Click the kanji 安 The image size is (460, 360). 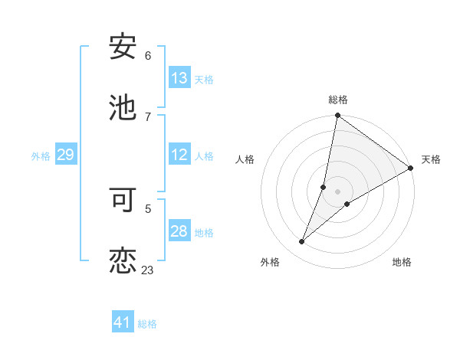pyautogui.click(x=123, y=47)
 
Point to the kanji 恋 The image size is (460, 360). pyautogui.click(x=123, y=260)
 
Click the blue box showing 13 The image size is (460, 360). pyautogui.click(x=179, y=78)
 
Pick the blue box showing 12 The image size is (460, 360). pyautogui.click(x=179, y=155)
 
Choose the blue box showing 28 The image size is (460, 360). pyautogui.click(x=179, y=231)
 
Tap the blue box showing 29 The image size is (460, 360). pyautogui.click(x=65, y=155)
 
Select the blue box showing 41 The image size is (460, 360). pyautogui.click(x=123, y=322)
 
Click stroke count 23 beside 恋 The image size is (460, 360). pyautogui.click(x=147, y=270)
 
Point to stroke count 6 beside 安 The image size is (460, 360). pyautogui.click(x=148, y=56)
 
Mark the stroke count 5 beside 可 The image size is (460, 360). pyautogui.click(x=148, y=208)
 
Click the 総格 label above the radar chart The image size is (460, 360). pyautogui.click(x=338, y=100)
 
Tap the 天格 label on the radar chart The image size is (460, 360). pyautogui.click(x=431, y=159)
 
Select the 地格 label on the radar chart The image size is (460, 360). pyautogui.click(x=402, y=262)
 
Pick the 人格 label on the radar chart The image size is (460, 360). pyautogui.click(x=245, y=159)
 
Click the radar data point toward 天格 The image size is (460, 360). pyautogui.click(x=411, y=168)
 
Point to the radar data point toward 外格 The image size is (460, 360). pyautogui.click(x=302, y=242)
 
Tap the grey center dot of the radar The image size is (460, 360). pyautogui.click(x=338, y=191)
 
